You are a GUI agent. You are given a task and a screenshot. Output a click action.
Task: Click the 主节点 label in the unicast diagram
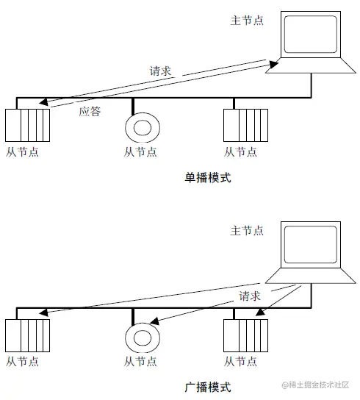247,21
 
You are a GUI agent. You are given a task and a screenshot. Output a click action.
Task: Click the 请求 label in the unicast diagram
160,71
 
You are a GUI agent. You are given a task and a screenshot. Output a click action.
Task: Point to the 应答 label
90,112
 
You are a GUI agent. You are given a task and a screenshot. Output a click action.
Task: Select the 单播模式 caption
208,177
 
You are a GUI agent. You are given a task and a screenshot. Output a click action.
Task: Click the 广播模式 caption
208,387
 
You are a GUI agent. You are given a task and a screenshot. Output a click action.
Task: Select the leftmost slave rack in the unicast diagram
27,125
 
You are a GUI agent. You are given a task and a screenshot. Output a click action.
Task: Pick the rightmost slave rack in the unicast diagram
246,125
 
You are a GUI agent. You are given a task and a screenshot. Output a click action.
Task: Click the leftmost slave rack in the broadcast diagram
27,335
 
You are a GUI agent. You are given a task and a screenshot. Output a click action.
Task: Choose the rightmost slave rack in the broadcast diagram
246,335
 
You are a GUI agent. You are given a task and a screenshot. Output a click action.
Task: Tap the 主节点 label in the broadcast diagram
247,231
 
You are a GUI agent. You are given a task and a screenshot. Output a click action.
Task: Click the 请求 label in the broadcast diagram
250,296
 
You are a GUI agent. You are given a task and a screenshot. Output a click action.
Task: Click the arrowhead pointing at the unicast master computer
273,64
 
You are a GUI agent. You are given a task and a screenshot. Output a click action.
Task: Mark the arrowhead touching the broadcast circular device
155,321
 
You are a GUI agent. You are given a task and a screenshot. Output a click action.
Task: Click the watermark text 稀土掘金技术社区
319,385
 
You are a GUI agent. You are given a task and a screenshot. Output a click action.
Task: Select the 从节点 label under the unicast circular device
140,152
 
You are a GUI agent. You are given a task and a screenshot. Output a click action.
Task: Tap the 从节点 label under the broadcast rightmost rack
240,362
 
